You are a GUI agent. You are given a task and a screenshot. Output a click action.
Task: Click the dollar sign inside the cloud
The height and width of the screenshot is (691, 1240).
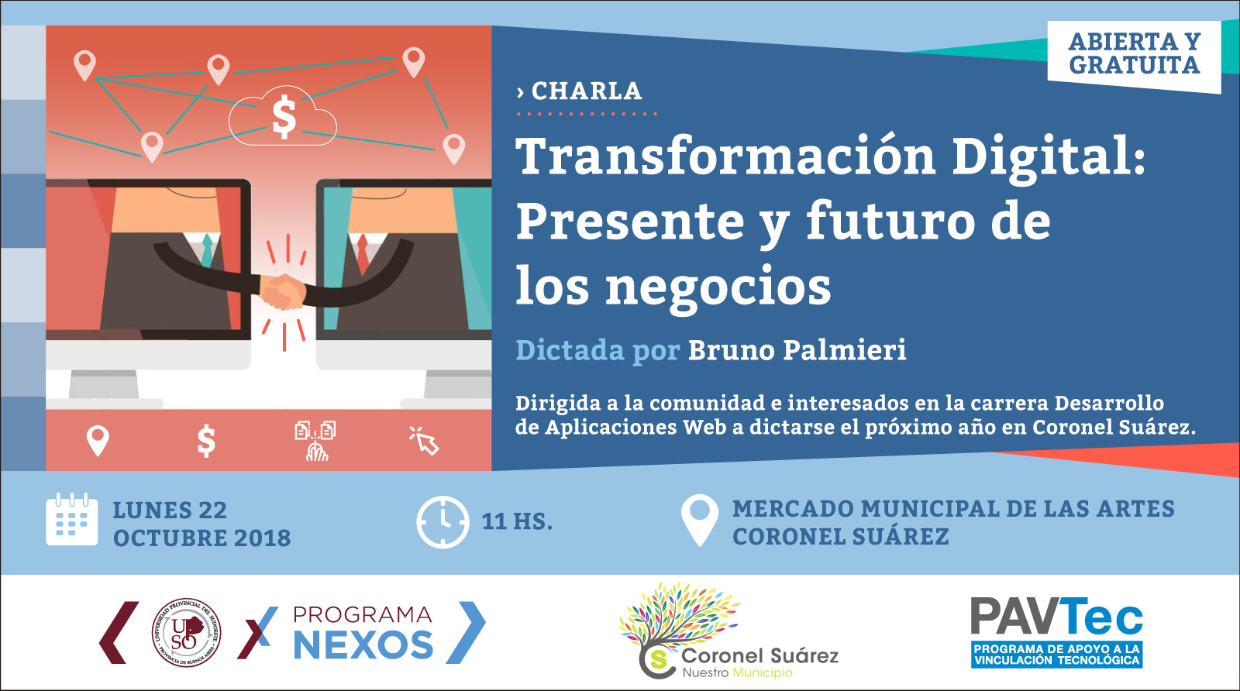[x=284, y=116]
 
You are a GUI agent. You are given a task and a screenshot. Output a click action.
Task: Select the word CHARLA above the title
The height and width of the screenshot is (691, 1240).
[x=586, y=91]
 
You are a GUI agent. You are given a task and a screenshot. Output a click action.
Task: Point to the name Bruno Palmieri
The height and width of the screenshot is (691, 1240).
[x=797, y=350]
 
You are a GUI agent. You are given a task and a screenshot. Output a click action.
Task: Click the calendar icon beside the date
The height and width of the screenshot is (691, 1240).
[x=72, y=519]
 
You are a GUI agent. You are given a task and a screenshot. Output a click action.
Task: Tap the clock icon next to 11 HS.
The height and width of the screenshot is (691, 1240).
[x=443, y=522]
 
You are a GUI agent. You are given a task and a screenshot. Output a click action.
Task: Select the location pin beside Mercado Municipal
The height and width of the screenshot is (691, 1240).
[x=700, y=519]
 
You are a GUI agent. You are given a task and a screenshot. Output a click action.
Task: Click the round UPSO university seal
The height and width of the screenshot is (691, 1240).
[x=187, y=632]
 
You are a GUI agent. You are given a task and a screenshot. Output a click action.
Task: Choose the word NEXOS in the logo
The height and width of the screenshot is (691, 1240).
[x=363, y=645]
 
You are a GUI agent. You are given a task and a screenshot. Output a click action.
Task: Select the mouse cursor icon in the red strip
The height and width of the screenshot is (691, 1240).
[x=424, y=440]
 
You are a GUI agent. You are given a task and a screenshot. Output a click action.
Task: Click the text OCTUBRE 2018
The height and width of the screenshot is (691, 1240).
[x=202, y=538]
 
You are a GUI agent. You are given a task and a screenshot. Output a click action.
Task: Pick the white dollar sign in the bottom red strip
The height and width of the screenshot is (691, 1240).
[x=206, y=441]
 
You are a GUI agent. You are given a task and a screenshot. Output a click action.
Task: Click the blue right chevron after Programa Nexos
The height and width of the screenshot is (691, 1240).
[x=466, y=632]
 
